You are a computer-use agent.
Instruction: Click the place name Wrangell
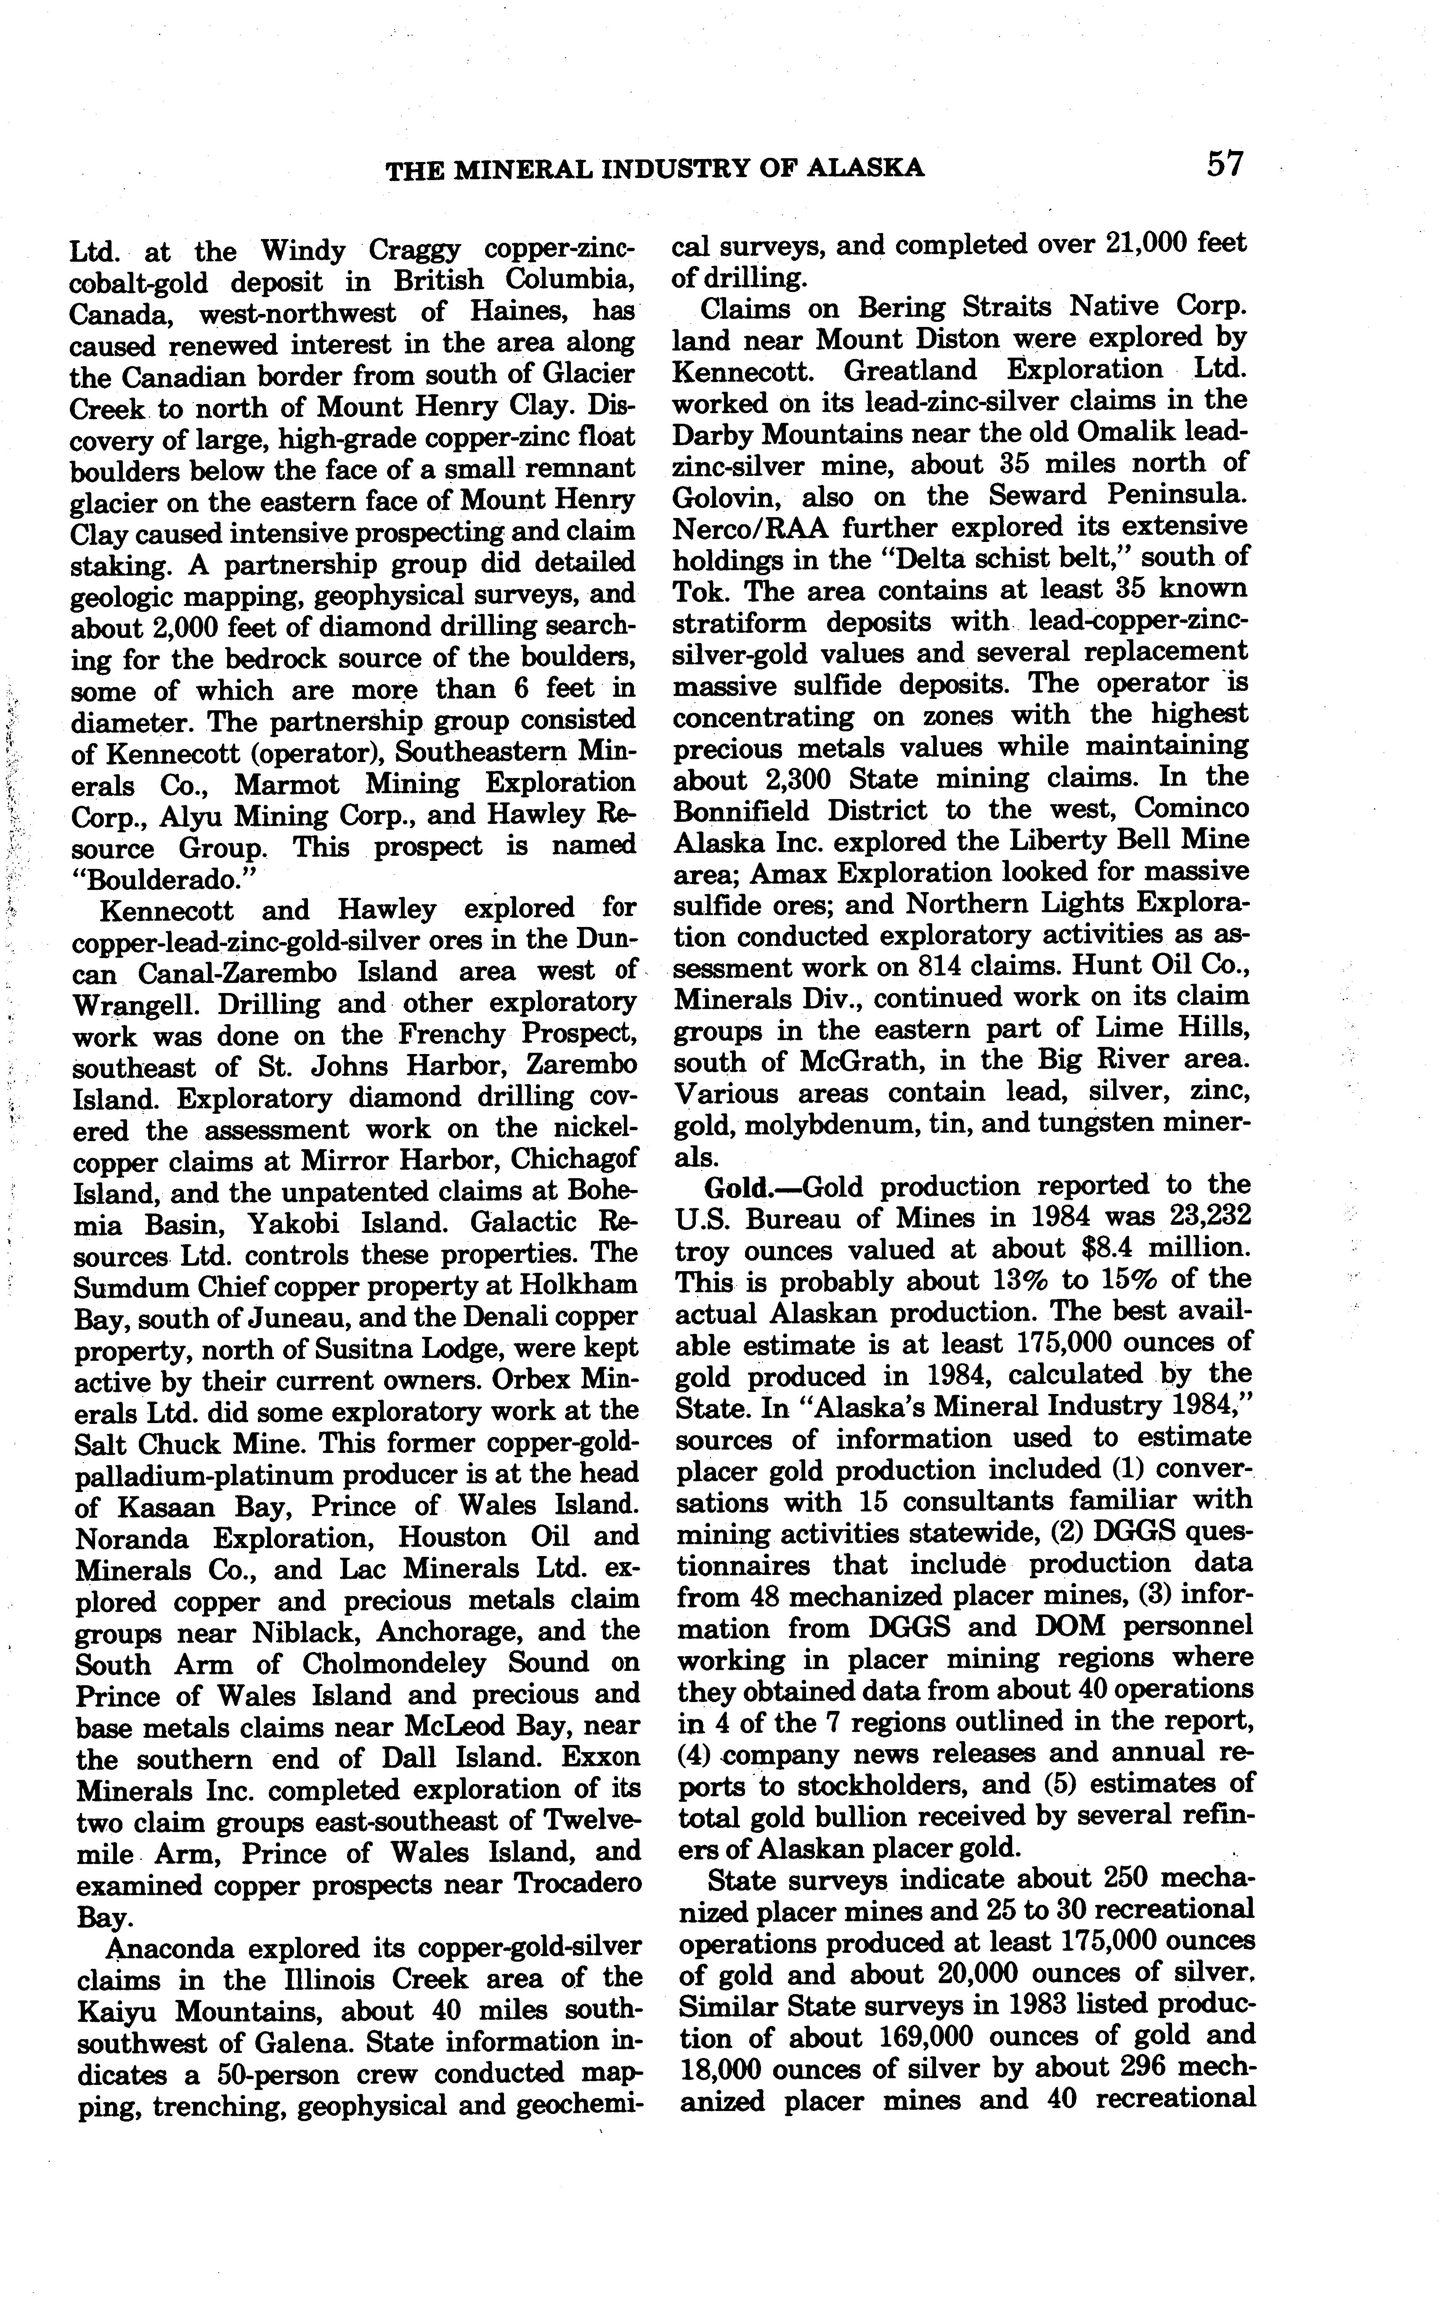134,1005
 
